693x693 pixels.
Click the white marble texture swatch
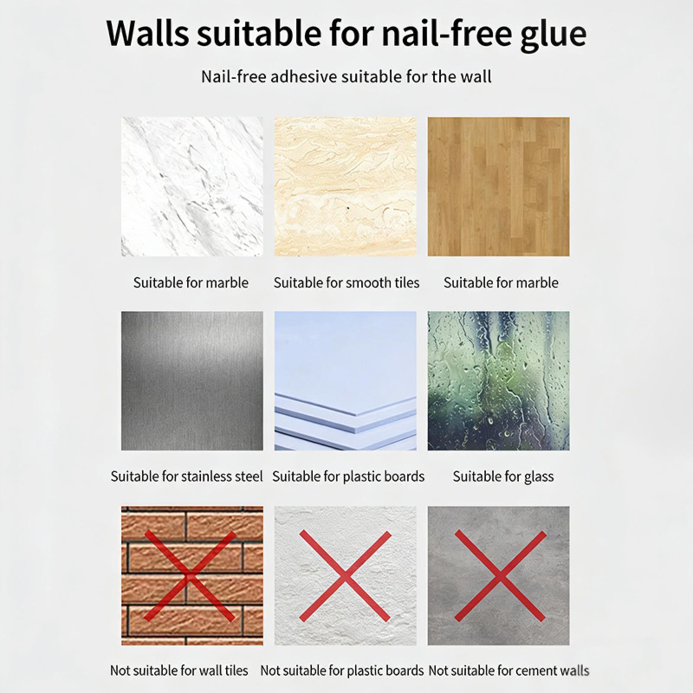(x=192, y=186)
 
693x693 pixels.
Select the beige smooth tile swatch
(x=345, y=186)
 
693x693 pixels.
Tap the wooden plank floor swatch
(x=499, y=186)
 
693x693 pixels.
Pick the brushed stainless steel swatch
(x=192, y=381)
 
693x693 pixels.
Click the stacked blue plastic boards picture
(x=345, y=381)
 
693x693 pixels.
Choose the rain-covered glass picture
(x=499, y=381)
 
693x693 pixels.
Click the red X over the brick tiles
(x=190, y=576)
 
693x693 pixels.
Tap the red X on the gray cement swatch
(x=500, y=576)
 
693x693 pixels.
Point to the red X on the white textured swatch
(x=345, y=576)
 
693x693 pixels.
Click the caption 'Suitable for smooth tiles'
(x=346, y=283)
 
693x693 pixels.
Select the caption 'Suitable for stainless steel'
(x=187, y=476)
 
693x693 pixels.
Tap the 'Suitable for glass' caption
(x=503, y=477)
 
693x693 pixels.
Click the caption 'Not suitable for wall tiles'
(x=179, y=671)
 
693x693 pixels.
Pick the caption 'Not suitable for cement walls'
(x=509, y=671)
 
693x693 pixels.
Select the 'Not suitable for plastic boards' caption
(x=342, y=671)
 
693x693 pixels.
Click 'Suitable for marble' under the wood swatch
(x=501, y=283)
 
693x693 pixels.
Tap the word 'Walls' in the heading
(x=147, y=33)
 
